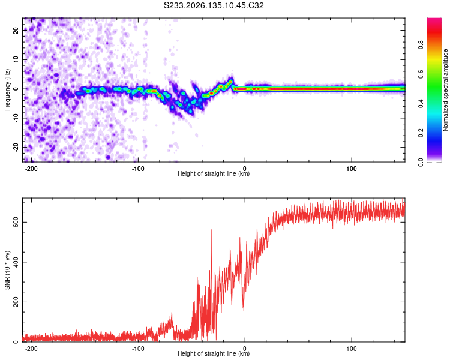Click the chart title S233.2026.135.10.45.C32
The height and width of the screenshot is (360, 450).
214,5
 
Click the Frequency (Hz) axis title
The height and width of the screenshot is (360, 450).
7,90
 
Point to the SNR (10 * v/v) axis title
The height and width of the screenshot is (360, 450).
7,270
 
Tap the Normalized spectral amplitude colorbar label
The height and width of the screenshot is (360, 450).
445,90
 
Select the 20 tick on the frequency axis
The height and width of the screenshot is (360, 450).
16,30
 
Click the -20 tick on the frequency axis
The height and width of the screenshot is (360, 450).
16,147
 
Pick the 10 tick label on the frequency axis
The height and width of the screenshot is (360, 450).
16,59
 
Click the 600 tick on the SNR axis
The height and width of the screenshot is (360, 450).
16,222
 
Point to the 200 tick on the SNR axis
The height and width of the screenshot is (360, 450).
16,302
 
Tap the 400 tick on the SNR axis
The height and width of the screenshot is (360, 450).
16,262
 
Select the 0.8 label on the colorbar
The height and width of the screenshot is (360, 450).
421,45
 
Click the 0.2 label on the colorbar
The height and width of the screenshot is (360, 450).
421,133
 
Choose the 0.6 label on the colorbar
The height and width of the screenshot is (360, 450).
421,74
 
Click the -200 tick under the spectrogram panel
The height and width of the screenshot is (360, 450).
31,169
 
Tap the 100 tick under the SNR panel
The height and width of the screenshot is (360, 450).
351,349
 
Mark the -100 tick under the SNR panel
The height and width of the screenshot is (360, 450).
138,349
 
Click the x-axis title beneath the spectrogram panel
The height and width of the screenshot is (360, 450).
214,173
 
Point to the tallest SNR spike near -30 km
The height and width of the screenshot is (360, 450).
212,230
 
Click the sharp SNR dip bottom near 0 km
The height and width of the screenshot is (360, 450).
244,310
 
